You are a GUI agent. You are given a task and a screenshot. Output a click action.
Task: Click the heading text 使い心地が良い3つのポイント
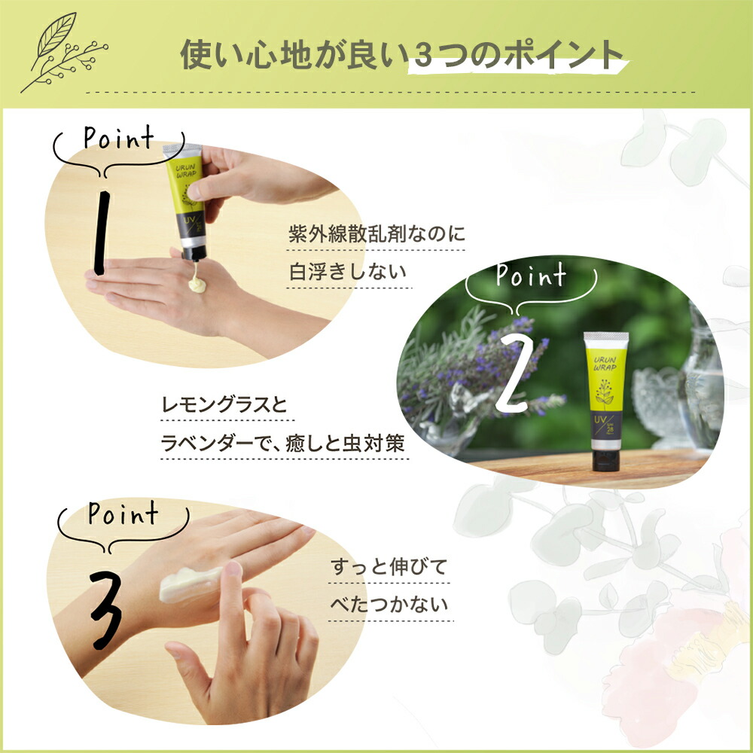click(402, 55)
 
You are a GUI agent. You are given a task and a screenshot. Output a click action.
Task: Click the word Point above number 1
click(118, 140)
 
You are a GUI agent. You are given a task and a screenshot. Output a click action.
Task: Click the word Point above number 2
click(530, 276)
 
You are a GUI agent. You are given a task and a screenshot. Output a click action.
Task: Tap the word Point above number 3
click(123, 515)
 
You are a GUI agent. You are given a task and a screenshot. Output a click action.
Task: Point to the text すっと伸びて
click(389, 567)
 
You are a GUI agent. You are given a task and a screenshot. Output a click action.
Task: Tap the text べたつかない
click(389, 605)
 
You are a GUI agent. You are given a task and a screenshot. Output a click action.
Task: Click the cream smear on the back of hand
click(188, 584)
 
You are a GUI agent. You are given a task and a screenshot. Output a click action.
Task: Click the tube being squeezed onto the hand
click(186, 200)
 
